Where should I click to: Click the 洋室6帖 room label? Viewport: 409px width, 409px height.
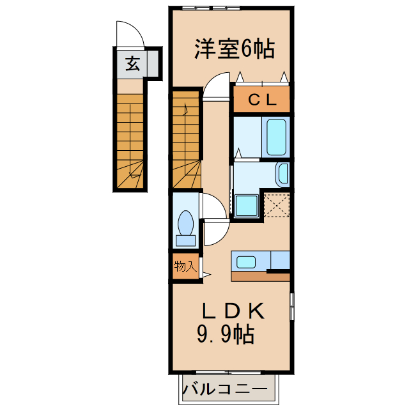pos(234,49)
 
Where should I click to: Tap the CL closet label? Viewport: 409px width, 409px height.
pos(261,99)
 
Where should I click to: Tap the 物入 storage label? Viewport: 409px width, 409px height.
pos(185,266)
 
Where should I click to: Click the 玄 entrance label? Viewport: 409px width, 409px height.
pos(132,64)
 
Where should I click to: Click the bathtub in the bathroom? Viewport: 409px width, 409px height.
pos(275,136)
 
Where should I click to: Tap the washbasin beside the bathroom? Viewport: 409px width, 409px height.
pos(283,173)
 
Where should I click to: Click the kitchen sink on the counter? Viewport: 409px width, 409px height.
pos(246,261)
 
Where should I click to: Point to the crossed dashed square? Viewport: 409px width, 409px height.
pos(277,204)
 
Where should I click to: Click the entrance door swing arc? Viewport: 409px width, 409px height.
pos(130,33)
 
